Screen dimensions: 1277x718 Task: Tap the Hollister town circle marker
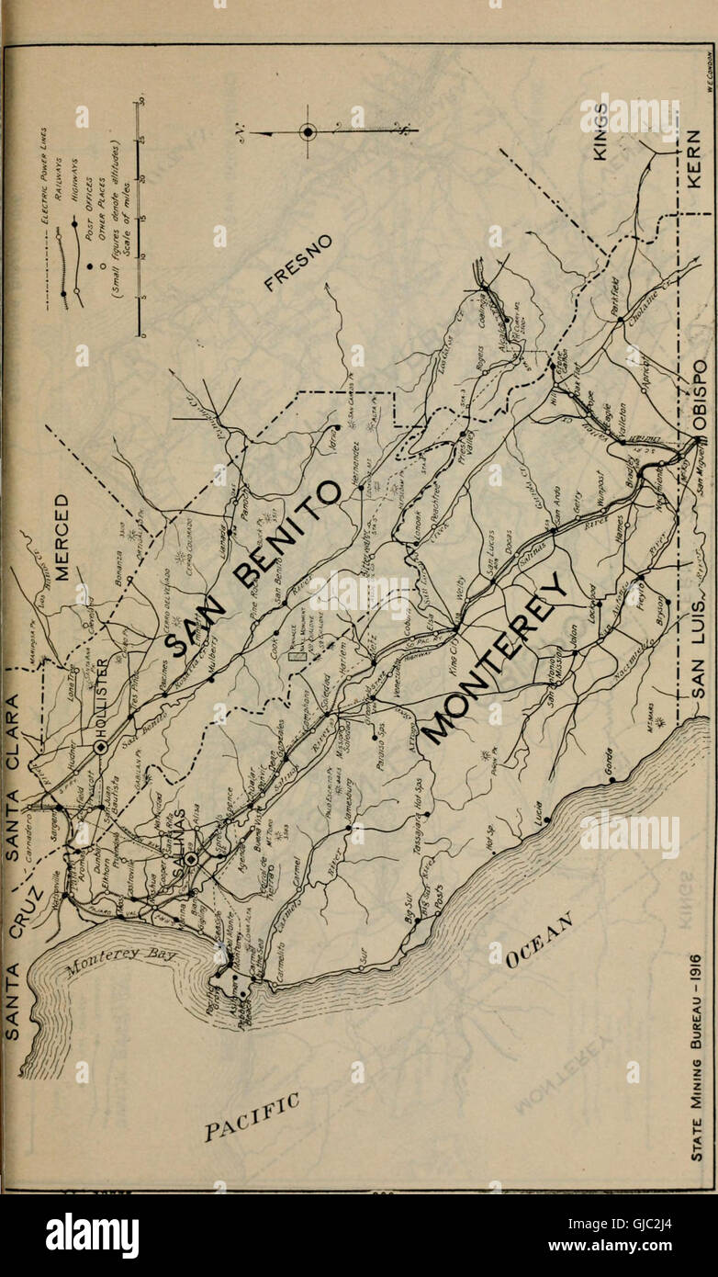pyautogui.click(x=100, y=747)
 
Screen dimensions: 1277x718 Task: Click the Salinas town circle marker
pyautogui.click(x=190, y=859)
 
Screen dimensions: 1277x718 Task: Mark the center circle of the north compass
pyautogui.click(x=309, y=132)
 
